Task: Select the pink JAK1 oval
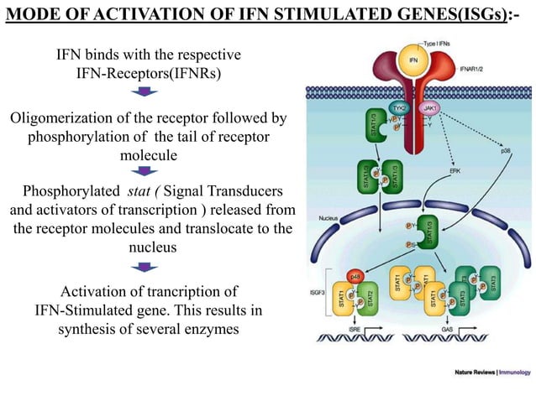(428, 109)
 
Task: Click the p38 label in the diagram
(505, 152)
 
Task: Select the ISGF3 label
(320, 294)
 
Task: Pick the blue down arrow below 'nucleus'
(149, 268)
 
